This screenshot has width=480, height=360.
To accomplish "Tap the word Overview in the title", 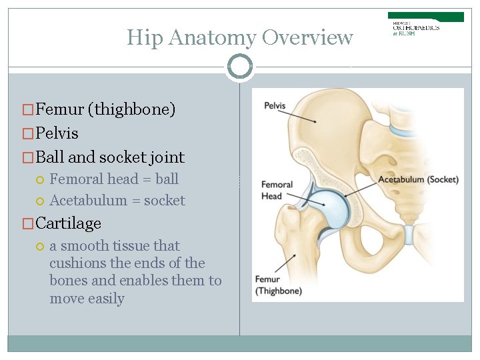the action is click(307, 38).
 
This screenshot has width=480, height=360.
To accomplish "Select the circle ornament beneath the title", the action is click(240, 67).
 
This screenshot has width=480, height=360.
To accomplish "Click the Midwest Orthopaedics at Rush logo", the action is click(426, 24).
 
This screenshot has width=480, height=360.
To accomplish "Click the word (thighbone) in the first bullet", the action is click(134, 109).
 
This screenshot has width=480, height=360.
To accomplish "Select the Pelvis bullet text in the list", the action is click(57, 133).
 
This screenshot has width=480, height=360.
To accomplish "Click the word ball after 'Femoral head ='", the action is click(167, 179).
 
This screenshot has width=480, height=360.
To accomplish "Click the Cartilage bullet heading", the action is click(68, 223).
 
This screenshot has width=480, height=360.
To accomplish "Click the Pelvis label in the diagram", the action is click(275, 106).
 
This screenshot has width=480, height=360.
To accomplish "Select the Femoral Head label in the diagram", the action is click(277, 190).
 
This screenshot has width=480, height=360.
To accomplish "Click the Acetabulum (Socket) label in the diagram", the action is click(418, 179).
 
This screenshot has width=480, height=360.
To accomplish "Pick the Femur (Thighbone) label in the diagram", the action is click(278, 285).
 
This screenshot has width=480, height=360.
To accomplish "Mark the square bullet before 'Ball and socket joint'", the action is click(27, 158).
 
